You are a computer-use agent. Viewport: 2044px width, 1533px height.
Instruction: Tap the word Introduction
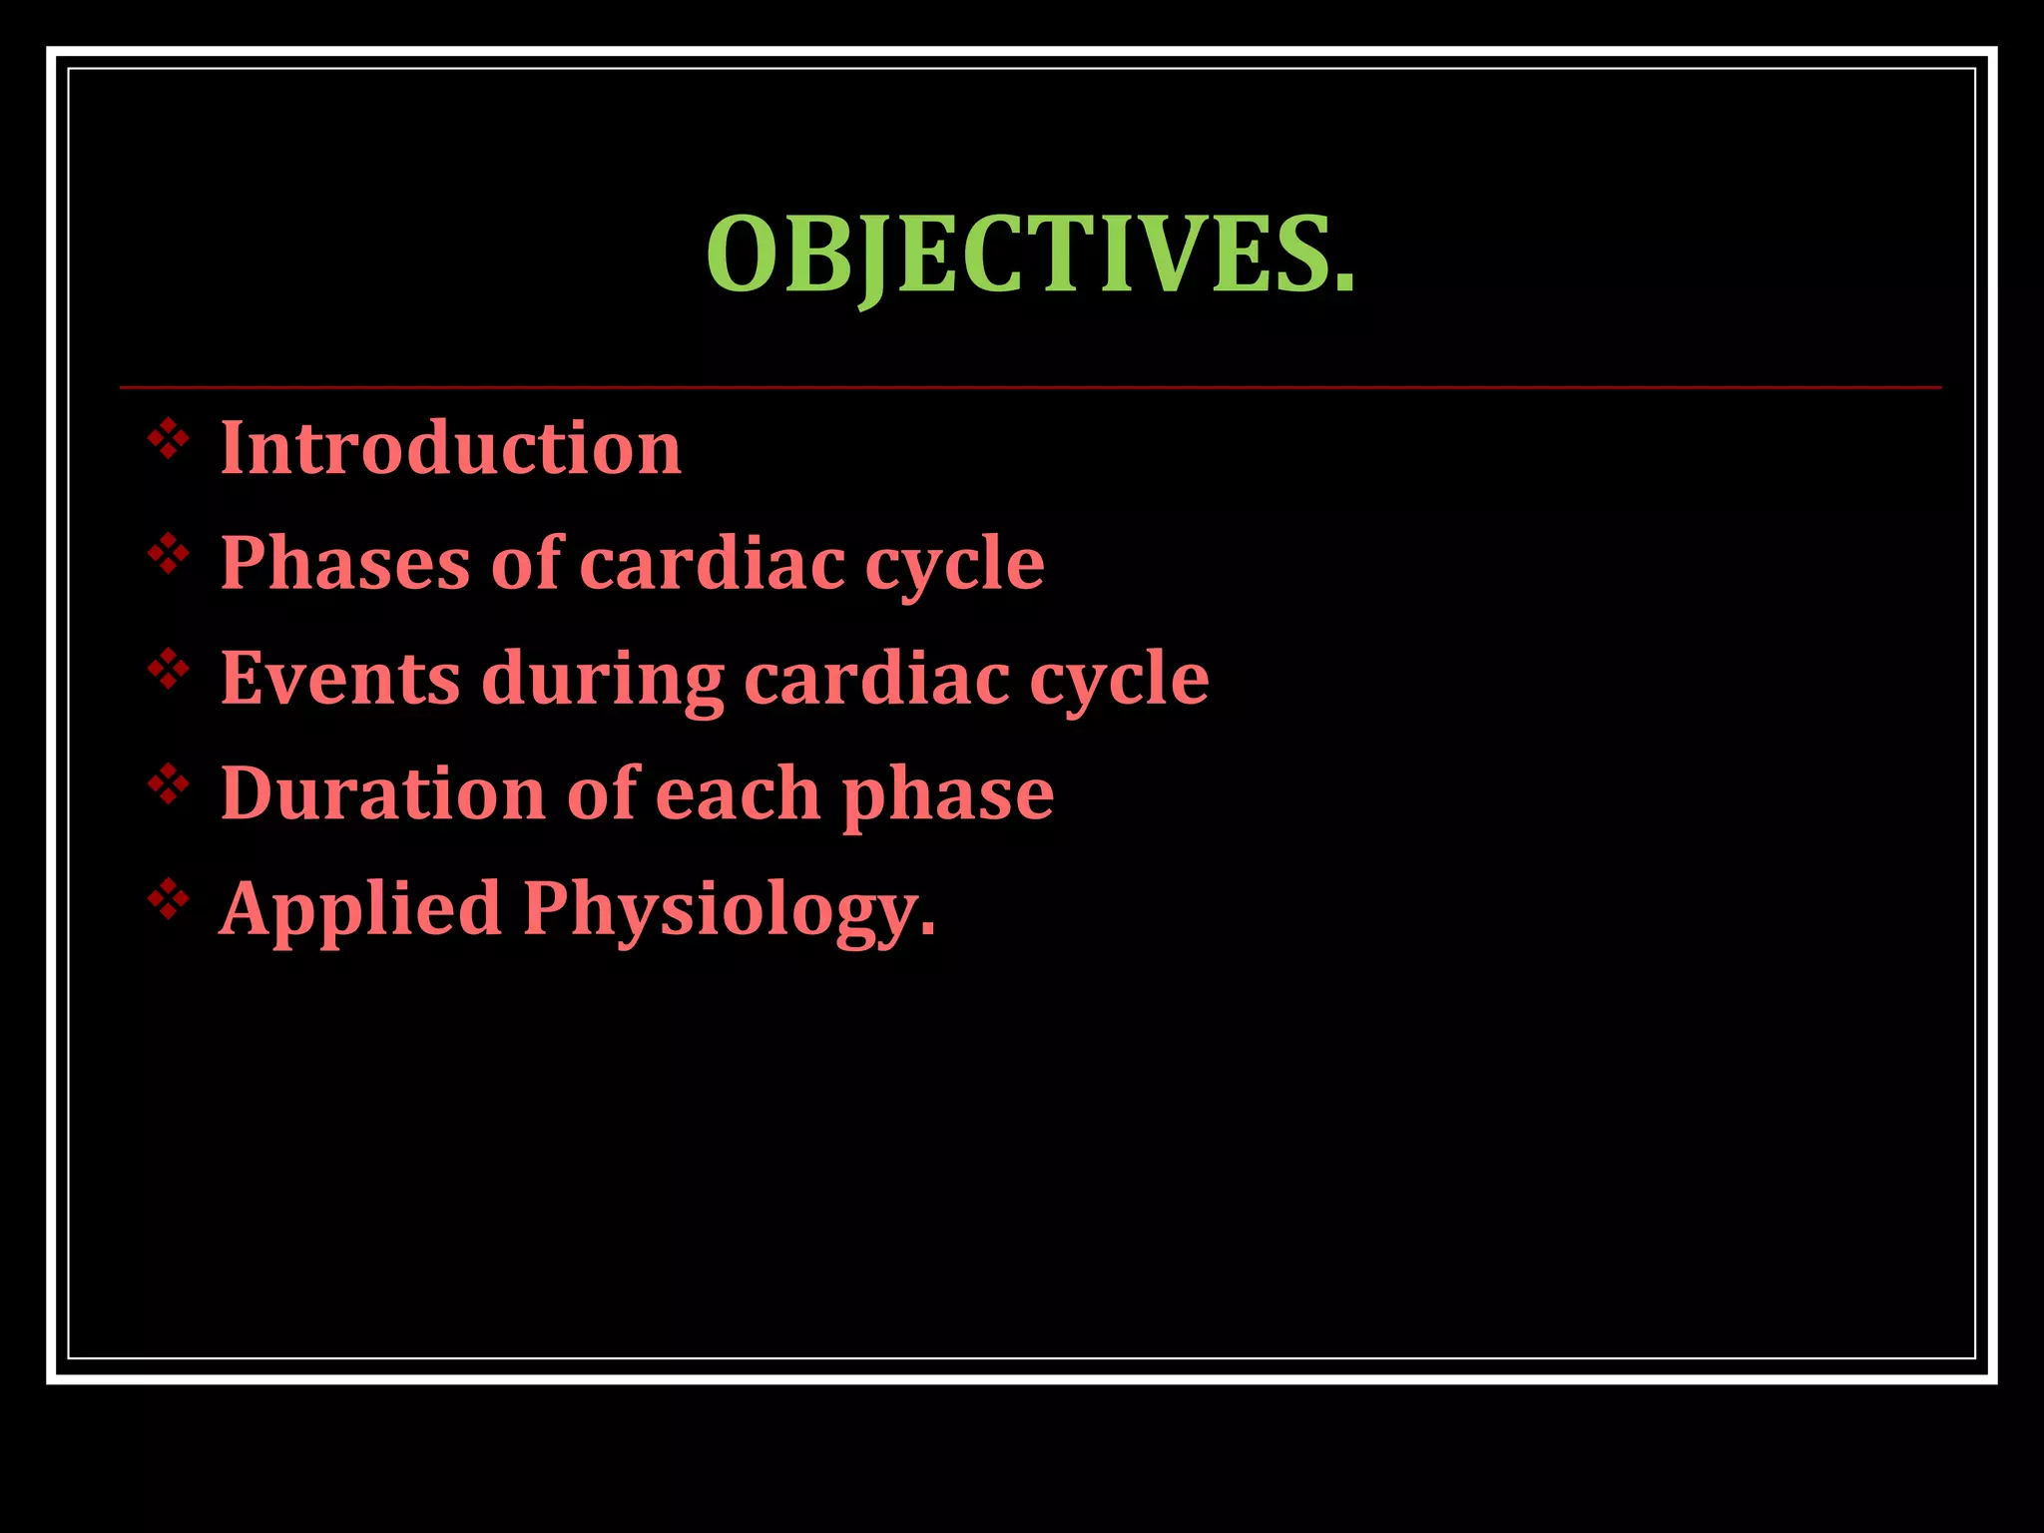(x=450, y=448)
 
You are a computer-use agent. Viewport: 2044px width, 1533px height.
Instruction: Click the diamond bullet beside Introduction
(x=169, y=439)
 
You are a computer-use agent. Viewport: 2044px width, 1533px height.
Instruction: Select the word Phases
(x=344, y=563)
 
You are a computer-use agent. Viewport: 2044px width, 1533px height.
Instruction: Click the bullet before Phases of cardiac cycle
(x=169, y=554)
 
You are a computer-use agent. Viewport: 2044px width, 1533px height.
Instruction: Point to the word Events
(x=339, y=678)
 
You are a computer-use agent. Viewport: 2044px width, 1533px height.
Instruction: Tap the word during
(x=602, y=680)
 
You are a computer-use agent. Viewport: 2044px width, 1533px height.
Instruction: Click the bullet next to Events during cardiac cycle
(x=169, y=670)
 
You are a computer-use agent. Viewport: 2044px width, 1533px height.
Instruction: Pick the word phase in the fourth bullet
(x=947, y=795)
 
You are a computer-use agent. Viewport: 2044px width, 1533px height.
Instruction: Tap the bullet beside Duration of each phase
(x=169, y=784)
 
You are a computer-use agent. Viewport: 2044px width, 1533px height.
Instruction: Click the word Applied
(x=360, y=910)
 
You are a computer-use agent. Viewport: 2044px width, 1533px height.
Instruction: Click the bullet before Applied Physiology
(x=169, y=900)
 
